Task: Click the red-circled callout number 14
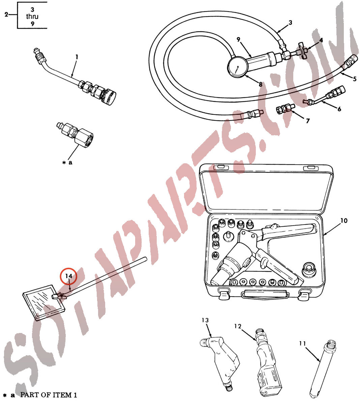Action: coord(68,276)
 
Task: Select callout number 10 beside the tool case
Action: coord(343,221)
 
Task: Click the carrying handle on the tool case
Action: coord(265,295)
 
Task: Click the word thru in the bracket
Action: coord(32,16)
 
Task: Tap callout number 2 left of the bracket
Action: coord(6,14)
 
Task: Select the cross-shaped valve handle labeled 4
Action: coord(303,50)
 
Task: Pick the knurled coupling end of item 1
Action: coord(108,97)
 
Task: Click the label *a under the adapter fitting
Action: coord(67,163)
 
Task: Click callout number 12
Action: coord(238,326)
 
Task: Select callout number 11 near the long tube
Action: coord(302,343)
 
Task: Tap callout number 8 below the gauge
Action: coord(260,85)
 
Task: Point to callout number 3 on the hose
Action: coord(290,23)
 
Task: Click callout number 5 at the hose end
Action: coord(355,79)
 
